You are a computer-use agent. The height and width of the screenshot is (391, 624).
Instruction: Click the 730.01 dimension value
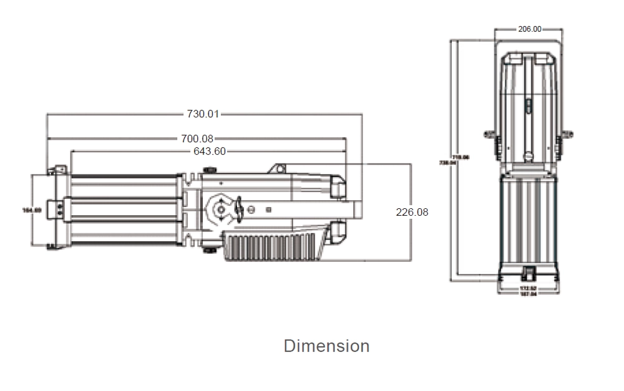(203, 113)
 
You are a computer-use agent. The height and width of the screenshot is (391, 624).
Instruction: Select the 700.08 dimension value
(197, 138)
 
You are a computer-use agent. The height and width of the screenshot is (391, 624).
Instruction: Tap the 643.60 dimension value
(210, 151)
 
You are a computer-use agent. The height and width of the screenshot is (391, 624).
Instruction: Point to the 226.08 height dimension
(412, 212)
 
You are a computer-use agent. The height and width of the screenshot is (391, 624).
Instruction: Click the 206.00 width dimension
(529, 29)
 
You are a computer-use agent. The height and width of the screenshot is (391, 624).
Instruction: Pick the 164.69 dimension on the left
(32, 210)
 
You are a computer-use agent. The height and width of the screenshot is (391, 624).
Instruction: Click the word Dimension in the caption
(326, 345)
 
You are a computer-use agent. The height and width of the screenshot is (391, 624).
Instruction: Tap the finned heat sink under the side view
(275, 247)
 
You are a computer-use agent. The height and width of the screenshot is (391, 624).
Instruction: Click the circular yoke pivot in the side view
(220, 210)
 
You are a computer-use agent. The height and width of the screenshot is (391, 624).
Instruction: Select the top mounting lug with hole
(278, 168)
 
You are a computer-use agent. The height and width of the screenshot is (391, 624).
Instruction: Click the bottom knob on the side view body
(210, 250)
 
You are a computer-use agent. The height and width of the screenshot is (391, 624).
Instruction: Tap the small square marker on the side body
(268, 210)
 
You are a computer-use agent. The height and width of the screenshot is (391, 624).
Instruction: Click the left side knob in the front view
(489, 134)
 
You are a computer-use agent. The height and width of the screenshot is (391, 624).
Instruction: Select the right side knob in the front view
(567, 134)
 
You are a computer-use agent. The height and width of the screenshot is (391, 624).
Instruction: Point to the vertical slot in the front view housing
(528, 106)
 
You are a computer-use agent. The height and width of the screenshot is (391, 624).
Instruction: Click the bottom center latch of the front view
(529, 273)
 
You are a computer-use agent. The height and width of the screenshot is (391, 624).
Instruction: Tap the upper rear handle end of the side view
(338, 186)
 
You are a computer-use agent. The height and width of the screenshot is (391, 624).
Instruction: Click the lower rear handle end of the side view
(338, 232)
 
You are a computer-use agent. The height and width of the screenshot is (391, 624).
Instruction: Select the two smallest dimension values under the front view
(529, 291)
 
